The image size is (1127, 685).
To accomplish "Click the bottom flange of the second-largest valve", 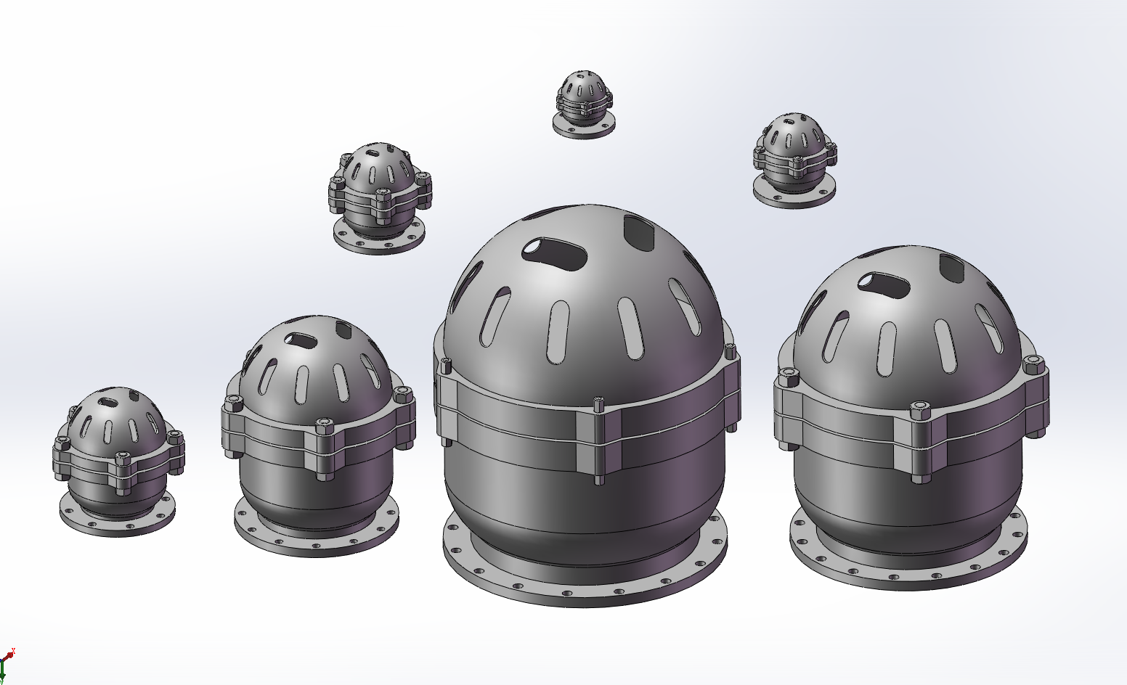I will coord(908,573).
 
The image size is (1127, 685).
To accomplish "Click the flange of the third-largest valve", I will coord(317,541).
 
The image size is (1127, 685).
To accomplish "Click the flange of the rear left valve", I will coord(378,243).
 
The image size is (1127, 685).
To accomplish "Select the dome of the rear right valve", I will coord(793,134).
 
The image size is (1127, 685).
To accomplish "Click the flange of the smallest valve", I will coord(584,129).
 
